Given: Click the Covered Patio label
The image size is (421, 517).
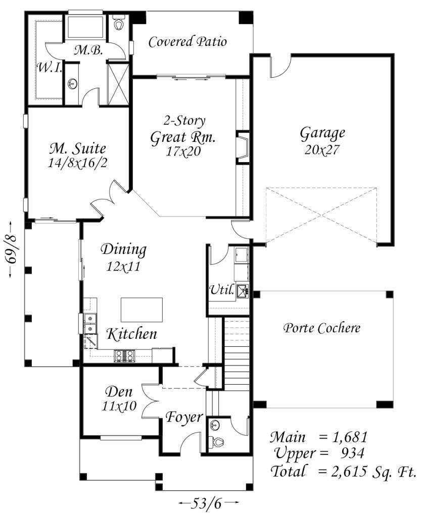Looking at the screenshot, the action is point(188,42).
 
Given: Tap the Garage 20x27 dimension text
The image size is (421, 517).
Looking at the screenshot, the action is point(322,150).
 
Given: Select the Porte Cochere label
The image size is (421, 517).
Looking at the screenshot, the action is point(322,328).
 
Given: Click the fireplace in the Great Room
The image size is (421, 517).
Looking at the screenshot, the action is point(243,147).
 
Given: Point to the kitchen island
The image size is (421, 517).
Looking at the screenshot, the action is point(142,309).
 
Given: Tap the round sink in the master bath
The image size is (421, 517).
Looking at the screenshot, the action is point(72,84).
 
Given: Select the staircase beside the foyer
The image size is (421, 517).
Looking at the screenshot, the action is point(236,353).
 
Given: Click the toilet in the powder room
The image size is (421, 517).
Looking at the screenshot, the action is point(218,441).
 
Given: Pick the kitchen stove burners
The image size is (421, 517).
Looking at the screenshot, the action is point(124,355).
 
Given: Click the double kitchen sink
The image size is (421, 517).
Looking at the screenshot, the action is point(89,324).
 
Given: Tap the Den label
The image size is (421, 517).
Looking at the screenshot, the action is point(119,392).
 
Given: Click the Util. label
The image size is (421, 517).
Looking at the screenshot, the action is point(222,290).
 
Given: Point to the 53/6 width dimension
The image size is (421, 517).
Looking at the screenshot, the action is point(209,503).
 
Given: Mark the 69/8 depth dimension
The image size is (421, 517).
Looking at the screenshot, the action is point(12,249).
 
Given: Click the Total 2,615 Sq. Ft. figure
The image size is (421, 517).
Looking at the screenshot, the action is point(343,471).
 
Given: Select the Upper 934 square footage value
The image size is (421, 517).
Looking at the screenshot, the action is point(352,453).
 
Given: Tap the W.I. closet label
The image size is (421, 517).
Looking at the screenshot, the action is point(49,68).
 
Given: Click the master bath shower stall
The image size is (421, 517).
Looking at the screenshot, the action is point(118,84).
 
